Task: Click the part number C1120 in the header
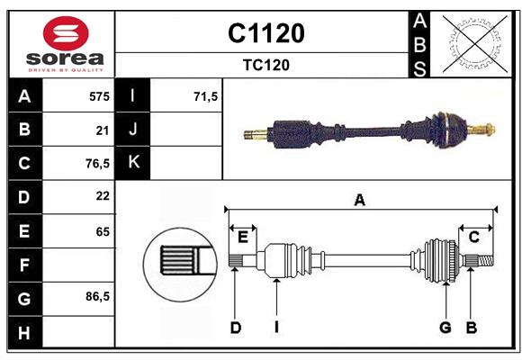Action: pos(265,33)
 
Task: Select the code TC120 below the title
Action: pos(265,65)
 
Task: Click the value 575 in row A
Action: pos(99,96)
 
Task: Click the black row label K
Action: pos(133,163)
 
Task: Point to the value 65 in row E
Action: pos(102,230)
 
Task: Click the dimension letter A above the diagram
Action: pos(359,201)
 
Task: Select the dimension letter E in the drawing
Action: pos(242,237)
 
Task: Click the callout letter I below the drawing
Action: pos(276,328)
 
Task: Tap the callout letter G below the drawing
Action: pos(445,328)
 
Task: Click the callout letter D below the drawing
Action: pos(235,328)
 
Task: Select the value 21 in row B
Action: pos(102,130)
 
